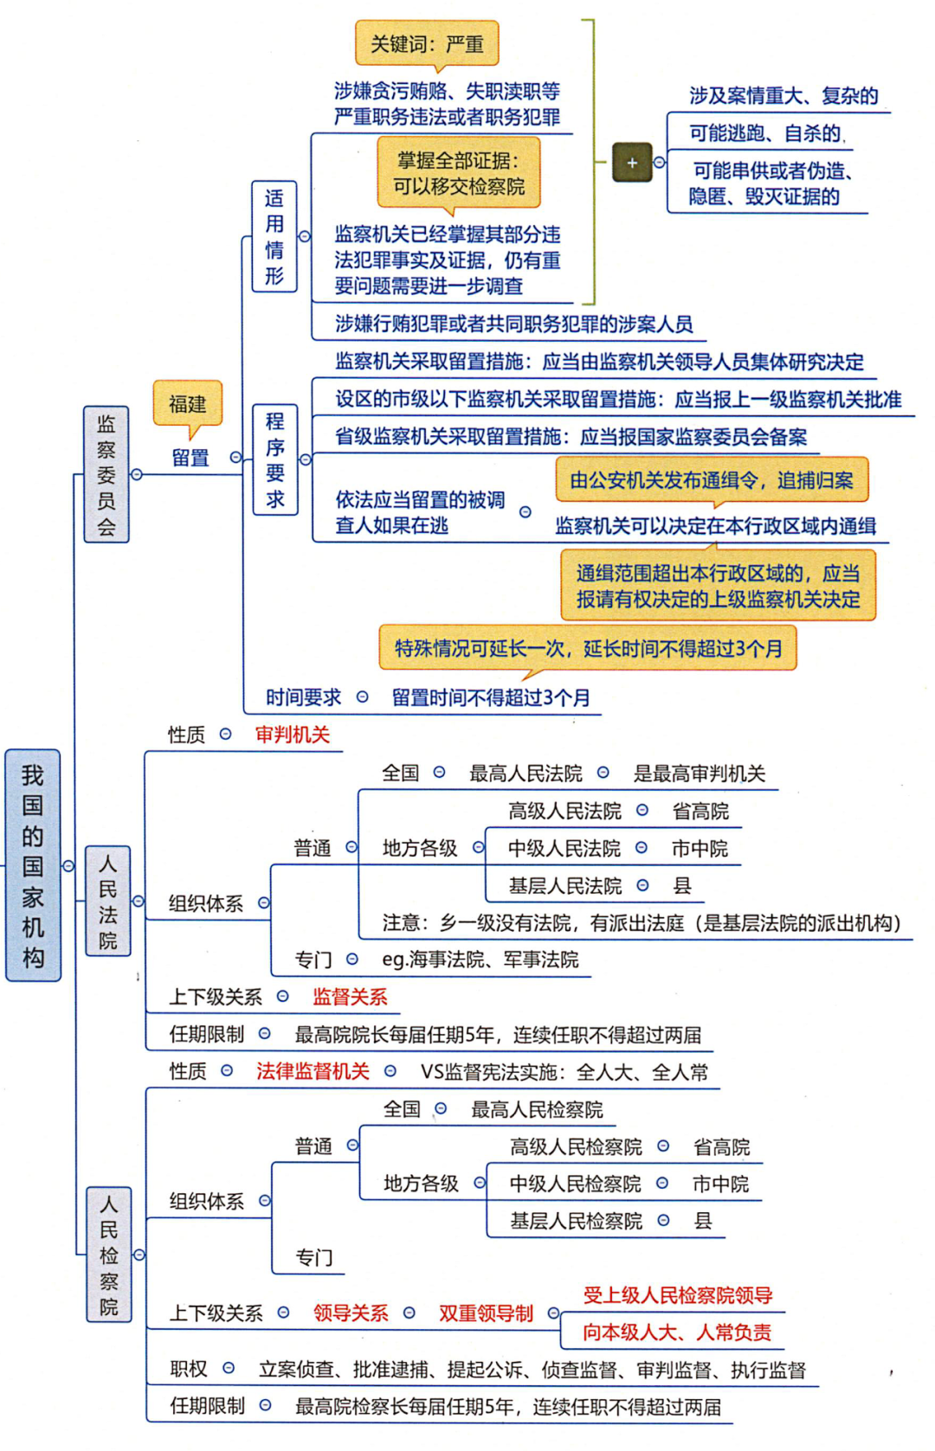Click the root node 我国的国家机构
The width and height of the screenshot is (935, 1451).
click(33, 864)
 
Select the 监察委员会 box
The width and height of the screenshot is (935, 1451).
click(106, 474)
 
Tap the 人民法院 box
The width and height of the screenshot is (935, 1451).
click(108, 901)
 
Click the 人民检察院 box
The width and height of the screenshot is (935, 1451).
click(109, 1254)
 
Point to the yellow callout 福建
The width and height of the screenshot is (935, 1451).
click(188, 404)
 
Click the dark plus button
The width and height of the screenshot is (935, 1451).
click(632, 162)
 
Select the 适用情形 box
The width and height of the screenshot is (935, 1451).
click(274, 236)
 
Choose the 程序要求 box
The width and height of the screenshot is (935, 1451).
click(275, 459)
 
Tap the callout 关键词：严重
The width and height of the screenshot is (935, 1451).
click(427, 43)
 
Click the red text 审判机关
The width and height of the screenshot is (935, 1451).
click(293, 735)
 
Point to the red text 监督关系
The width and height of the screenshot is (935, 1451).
click(350, 997)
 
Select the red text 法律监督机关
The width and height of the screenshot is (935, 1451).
click(313, 1071)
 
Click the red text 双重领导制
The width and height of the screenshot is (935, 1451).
click(486, 1313)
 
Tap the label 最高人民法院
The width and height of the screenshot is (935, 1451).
click(526, 773)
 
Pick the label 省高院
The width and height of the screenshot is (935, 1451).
click(700, 811)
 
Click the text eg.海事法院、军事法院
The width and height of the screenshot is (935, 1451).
click(480, 960)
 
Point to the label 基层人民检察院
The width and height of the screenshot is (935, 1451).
click(576, 1221)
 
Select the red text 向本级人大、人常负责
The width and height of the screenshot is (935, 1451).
click(676, 1332)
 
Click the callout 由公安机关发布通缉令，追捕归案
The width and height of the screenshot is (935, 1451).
click(712, 480)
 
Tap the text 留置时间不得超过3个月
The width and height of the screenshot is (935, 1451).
click(491, 697)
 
